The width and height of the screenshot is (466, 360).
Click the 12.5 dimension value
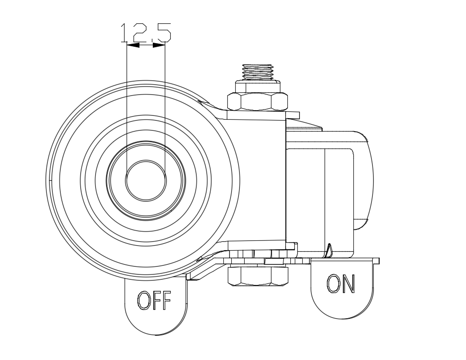pos(145,32)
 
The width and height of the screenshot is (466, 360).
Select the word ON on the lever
pos(340,284)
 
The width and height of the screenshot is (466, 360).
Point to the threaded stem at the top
pos(258,72)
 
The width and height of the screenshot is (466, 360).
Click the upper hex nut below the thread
pos(258,101)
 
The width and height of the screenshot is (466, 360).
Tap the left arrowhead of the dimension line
pos(133,45)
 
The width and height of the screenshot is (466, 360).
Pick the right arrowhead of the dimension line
pos(159,45)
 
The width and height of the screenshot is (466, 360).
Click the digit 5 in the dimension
pos(162,32)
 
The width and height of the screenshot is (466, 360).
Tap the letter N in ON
pos(348,284)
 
